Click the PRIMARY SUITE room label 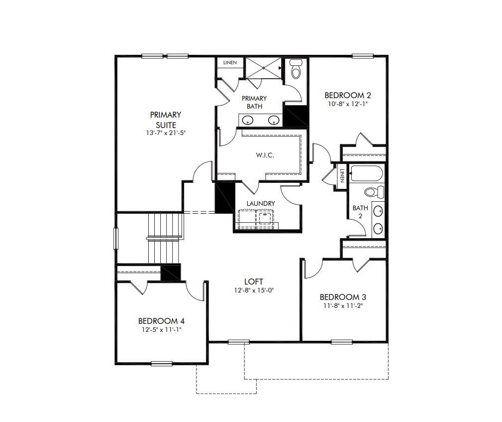[x=166, y=120]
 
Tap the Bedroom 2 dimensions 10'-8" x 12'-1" [x=348, y=104]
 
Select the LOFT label [x=254, y=281]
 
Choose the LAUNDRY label [x=261, y=203]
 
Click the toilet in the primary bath [x=296, y=70]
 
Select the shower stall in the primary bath [x=263, y=68]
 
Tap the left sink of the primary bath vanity [x=248, y=120]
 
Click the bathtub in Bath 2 [x=367, y=174]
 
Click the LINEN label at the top [x=230, y=63]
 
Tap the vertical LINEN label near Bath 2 [x=342, y=175]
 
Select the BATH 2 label [x=358, y=212]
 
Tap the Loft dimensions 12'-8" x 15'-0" [x=254, y=290]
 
